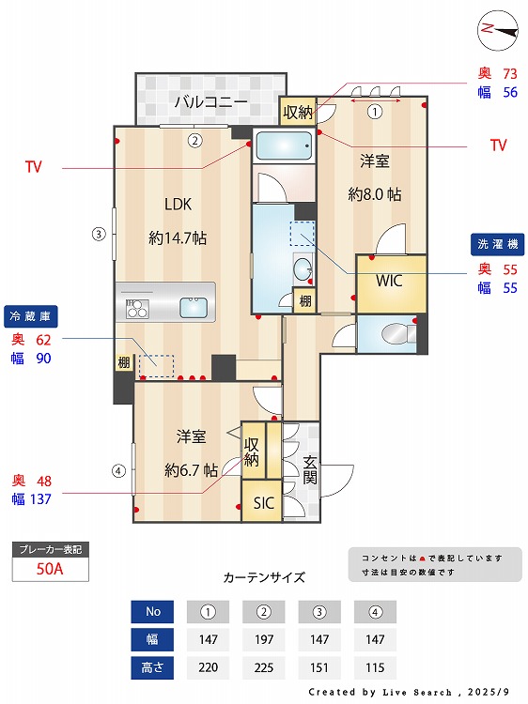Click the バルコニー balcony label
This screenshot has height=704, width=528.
click(x=210, y=101)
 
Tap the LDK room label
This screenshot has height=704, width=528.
click(x=178, y=204)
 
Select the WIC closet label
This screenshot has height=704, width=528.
click(x=390, y=280)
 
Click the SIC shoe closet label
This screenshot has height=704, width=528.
click(x=264, y=503)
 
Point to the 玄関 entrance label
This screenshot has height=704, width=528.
click(x=310, y=470)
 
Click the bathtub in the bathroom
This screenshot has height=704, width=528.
click(x=283, y=147)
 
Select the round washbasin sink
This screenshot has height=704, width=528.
click(x=303, y=270)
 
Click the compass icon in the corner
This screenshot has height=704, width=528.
click(x=498, y=29)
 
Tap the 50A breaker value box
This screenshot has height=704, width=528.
click(x=50, y=569)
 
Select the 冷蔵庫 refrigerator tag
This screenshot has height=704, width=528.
click(x=27, y=314)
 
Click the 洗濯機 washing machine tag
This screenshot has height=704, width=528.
click(x=496, y=244)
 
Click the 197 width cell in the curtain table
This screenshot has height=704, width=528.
click(x=263, y=641)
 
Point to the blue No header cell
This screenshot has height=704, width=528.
click(x=153, y=612)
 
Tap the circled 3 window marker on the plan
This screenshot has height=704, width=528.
click(x=98, y=234)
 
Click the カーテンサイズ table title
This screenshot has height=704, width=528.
click(x=263, y=577)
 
